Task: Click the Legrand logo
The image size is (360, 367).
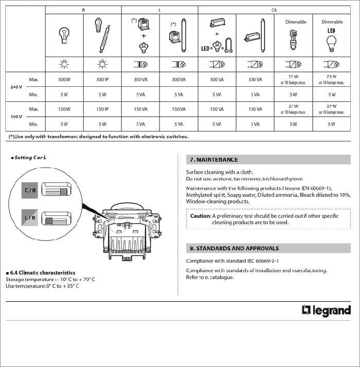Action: tap(326, 310)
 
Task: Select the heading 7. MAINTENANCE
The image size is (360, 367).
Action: tap(213, 160)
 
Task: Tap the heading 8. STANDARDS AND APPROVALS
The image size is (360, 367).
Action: tap(234, 248)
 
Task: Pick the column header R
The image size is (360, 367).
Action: tap(83, 10)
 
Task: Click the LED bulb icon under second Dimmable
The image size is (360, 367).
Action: tap(332, 39)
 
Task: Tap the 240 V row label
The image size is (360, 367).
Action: tap(16, 87)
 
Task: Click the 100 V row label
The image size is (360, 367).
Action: tap(16, 117)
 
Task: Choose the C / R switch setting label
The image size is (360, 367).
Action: tap(29, 191)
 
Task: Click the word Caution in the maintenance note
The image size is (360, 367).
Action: tap(200, 216)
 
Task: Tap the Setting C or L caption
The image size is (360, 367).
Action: tap(31, 157)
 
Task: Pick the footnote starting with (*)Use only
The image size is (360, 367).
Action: tap(98, 136)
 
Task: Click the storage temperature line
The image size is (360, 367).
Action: tap(50, 279)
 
